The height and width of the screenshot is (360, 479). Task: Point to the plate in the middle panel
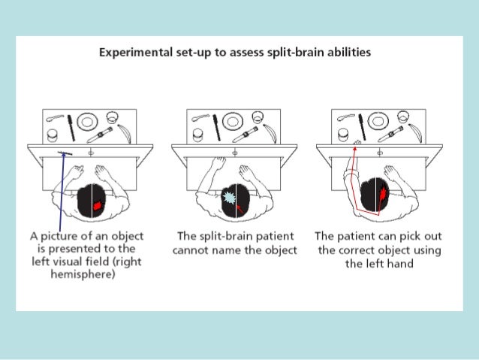click(233, 121)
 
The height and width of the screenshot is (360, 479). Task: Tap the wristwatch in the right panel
click(391, 135)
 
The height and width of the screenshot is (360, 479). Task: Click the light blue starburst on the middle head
click(230, 199)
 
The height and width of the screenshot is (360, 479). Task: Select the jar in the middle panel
click(198, 135)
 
